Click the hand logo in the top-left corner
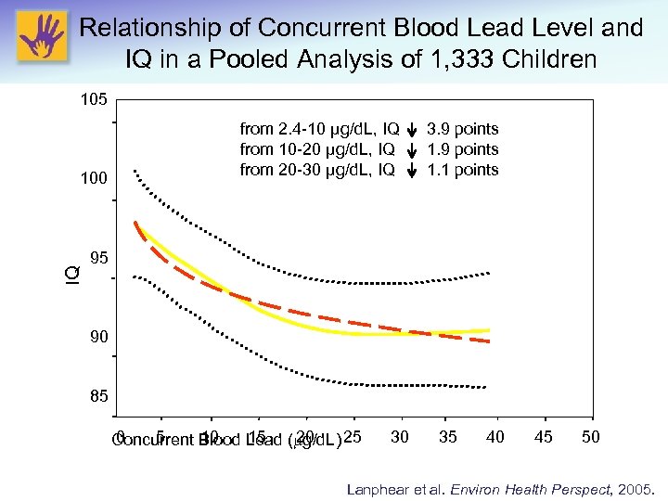[41, 36]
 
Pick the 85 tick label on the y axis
[98, 397]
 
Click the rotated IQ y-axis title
[71, 275]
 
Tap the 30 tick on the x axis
[400, 437]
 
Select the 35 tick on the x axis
[448, 437]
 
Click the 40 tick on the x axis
[495, 437]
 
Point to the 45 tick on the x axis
[544, 437]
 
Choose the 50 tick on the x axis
[591, 437]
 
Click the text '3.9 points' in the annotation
[462, 129]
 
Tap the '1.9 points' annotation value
[462, 149]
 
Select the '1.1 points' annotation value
[462, 170]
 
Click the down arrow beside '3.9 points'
[412, 130]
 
